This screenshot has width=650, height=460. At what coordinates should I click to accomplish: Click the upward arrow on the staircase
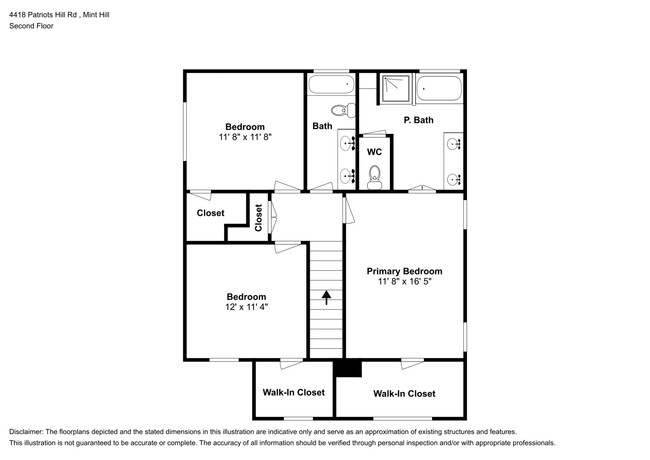(x=325, y=295)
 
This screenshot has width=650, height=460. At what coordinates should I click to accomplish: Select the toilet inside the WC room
(x=375, y=177)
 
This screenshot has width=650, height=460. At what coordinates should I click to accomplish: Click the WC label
(x=375, y=152)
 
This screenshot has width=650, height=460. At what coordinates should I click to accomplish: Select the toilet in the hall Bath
(x=340, y=110)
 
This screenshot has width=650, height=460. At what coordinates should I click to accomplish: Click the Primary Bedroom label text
(x=404, y=271)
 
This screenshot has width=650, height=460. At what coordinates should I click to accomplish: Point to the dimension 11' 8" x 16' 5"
(x=404, y=283)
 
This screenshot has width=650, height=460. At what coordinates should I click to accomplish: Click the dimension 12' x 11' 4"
(x=245, y=308)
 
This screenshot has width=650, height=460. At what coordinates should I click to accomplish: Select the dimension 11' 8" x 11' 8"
(x=245, y=137)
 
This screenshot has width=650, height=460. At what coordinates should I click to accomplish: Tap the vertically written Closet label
(x=258, y=218)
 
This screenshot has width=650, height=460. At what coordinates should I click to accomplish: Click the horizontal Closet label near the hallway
(x=211, y=213)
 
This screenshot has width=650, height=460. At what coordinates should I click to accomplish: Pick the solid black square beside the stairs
(x=346, y=368)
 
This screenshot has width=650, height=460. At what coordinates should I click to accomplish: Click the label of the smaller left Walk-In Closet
(x=293, y=393)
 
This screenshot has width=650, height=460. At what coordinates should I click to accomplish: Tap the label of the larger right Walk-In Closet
(x=404, y=394)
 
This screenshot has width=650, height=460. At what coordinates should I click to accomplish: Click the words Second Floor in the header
(x=32, y=26)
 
